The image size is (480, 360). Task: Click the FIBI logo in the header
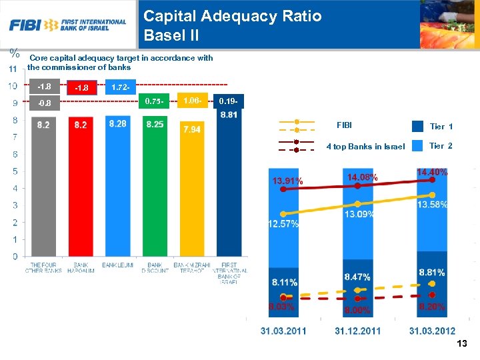click(67, 25)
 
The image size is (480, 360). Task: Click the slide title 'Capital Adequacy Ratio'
click(232, 15)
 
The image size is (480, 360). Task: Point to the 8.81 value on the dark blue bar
click(229, 115)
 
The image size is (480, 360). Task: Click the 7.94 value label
click(191, 129)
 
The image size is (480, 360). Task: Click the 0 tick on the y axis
click(14, 256)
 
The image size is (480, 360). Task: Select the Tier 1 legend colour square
click(417, 126)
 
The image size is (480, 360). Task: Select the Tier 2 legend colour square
click(417, 146)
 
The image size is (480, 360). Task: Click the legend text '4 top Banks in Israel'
click(365, 147)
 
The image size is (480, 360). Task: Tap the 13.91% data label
click(287, 181)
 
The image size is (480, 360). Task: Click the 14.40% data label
click(432, 172)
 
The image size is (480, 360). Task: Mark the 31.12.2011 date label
click(358, 331)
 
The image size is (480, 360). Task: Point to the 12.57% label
click(283, 224)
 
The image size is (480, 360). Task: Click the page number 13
click(462, 344)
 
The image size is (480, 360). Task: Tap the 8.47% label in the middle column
click(358, 276)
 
